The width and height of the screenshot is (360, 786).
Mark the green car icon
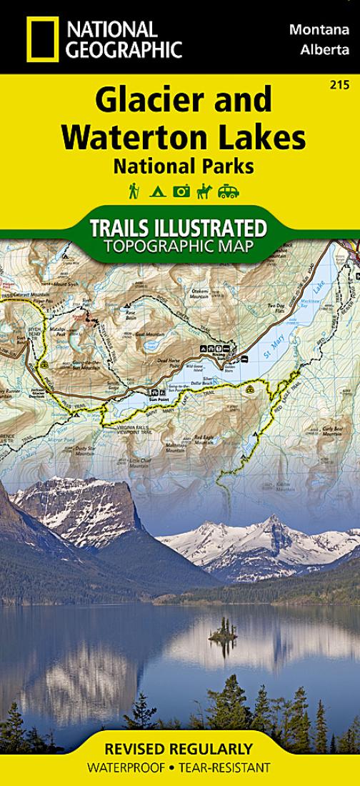pos(229,191)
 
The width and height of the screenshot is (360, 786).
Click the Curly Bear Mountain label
pos(333,430)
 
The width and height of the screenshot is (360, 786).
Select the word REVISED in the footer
pos(140,750)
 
